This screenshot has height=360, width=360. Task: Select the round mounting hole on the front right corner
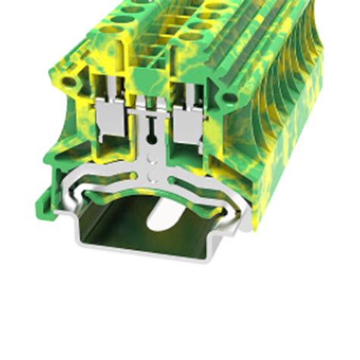226,97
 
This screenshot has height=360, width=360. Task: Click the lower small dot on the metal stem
154,176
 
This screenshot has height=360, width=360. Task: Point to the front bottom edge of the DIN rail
152,250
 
